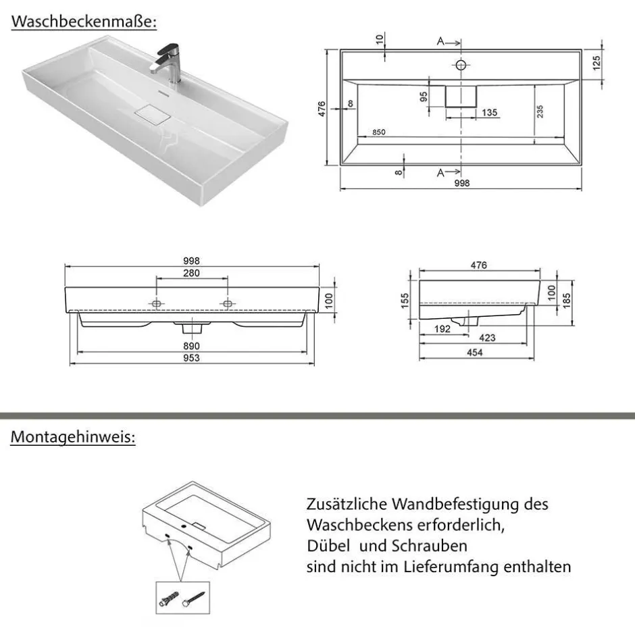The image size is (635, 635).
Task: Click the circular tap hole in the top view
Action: (x=461, y=65)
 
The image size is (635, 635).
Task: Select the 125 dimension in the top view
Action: (x=596, y=65)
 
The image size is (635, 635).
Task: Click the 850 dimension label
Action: (x=378, y=132)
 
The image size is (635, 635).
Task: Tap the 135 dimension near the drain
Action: (x=490, y=112)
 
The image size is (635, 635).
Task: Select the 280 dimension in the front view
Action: (x=191, y=273)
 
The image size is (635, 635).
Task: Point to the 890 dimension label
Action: (x=191, y=346)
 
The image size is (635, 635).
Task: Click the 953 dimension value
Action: (x=191, y=358)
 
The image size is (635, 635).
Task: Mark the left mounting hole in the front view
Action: (x=156, y=303)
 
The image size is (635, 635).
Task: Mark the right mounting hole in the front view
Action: (x=227, y=303)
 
